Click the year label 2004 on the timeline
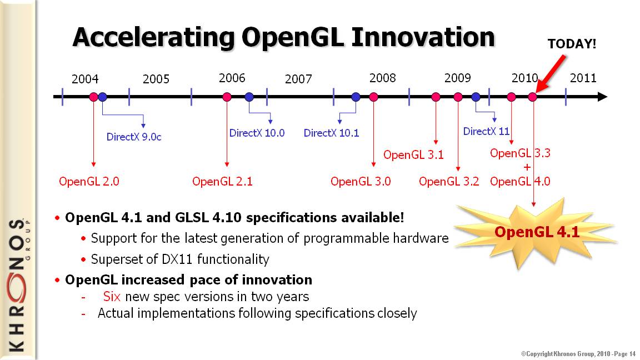pyautogui.click(x=85, y=79)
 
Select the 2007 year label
pyautogui.click(x=298, y=79)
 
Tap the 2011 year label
pyautogui.click(x=583, y=78)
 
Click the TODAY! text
pyautogui.click(x=572, y=44)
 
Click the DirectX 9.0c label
pyautogui.click(x=134, y=137)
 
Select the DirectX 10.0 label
pyautogui.click(x=257, y=133)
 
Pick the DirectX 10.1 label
pyautogui.click(x=332, y=133)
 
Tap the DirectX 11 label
pyautogui.click(x=486, y=131)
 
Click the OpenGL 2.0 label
pyautogui.click(x=89, y=181)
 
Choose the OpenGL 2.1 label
pyautogui.click(x=222, y=181)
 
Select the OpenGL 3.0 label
pyautogui.click(x=361, y=181)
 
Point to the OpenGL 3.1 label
pyautogui.click(x=413, y=154)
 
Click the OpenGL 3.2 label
pyautogui.click(x=449, y=181)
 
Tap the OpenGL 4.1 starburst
pyautogui.click(x=536, y=233)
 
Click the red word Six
pyautogui.click(x=112, y=296)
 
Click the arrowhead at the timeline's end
pyautogui.click(x=602, y=97)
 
